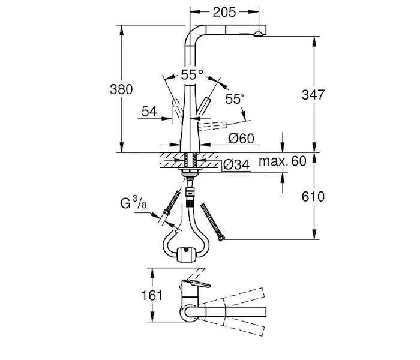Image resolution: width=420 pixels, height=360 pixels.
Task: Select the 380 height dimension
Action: (121, 90)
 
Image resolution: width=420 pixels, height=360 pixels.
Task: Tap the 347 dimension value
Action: (313, 94)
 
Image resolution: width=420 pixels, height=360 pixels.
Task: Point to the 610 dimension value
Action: (313, 196)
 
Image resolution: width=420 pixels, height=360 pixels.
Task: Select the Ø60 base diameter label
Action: (242, 139)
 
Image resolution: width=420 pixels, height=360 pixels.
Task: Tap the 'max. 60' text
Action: (282, 161)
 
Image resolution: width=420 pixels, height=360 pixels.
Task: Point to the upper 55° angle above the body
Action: (192, 75)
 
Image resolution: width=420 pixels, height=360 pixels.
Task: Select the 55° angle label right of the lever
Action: (235, 99)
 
